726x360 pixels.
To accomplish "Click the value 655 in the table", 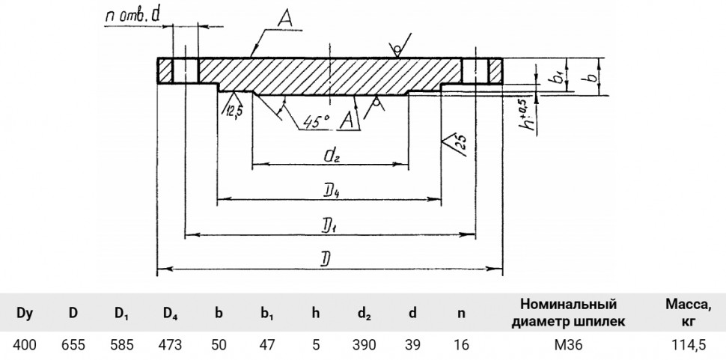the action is coord(73,345).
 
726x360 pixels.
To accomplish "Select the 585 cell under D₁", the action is coord(122,345).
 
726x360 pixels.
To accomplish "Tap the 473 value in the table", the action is coord(170,345).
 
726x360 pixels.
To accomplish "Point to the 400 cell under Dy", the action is coord(25,345).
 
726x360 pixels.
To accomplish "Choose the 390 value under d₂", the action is coord(364,345).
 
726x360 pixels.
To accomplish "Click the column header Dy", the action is coord(25,314).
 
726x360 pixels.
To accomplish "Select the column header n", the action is coord(461,314).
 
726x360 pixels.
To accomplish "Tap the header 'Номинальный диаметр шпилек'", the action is coord(568,313).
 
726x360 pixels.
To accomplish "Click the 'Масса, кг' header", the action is coord(688,313).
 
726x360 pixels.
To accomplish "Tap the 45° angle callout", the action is coord(317,121).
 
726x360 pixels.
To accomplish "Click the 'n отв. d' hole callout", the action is coord(133,16).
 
